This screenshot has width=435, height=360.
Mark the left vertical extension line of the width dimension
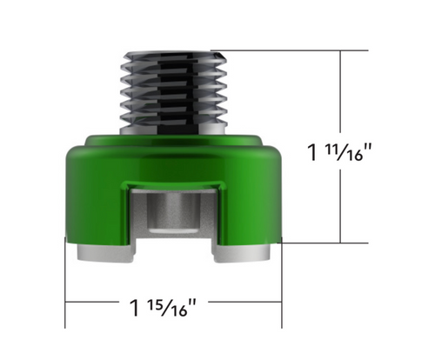coord(66,278)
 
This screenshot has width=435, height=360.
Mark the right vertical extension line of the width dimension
coord(282,278)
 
